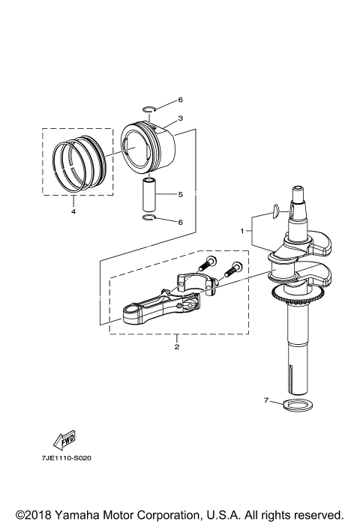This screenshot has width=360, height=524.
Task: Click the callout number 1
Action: (x=242, y=231)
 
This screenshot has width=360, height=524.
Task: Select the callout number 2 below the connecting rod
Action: (x=177, y=346)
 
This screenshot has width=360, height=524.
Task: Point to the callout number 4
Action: (x=73, y=211)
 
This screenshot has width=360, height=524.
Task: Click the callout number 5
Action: (x=180, y=194)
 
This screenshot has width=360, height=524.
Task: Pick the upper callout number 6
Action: (x=180, y=100)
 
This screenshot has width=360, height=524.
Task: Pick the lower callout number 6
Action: (x=180, y=222)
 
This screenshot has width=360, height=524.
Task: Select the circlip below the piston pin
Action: (x=148, y=219)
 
